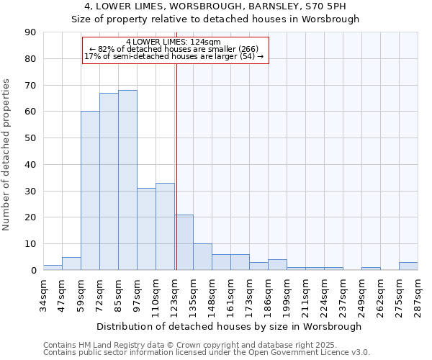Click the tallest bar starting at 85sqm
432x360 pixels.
(x=127, y=180)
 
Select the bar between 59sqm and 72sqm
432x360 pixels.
(x=90, y=191)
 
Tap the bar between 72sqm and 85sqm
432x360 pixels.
(x=109, y=181)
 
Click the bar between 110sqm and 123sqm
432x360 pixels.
(x=165, y=227)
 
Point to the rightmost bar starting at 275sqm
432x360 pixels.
(x=408, y=266)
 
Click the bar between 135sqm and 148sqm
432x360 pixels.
(x=202, y=257)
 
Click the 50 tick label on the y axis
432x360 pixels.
(x=30, y=138)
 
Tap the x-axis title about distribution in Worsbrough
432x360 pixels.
(x=229, y=326)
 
